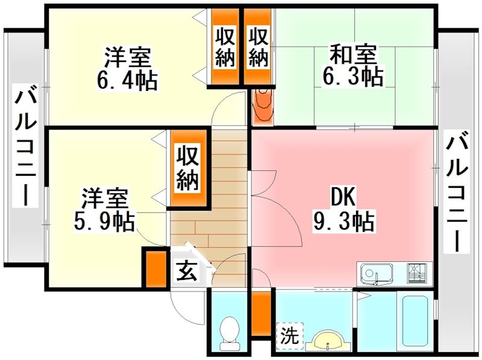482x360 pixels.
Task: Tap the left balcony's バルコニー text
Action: [x=25, y=147]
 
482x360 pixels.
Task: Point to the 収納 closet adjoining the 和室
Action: [x=258, y=47]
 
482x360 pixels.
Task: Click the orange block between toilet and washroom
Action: [x=260, y=313]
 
